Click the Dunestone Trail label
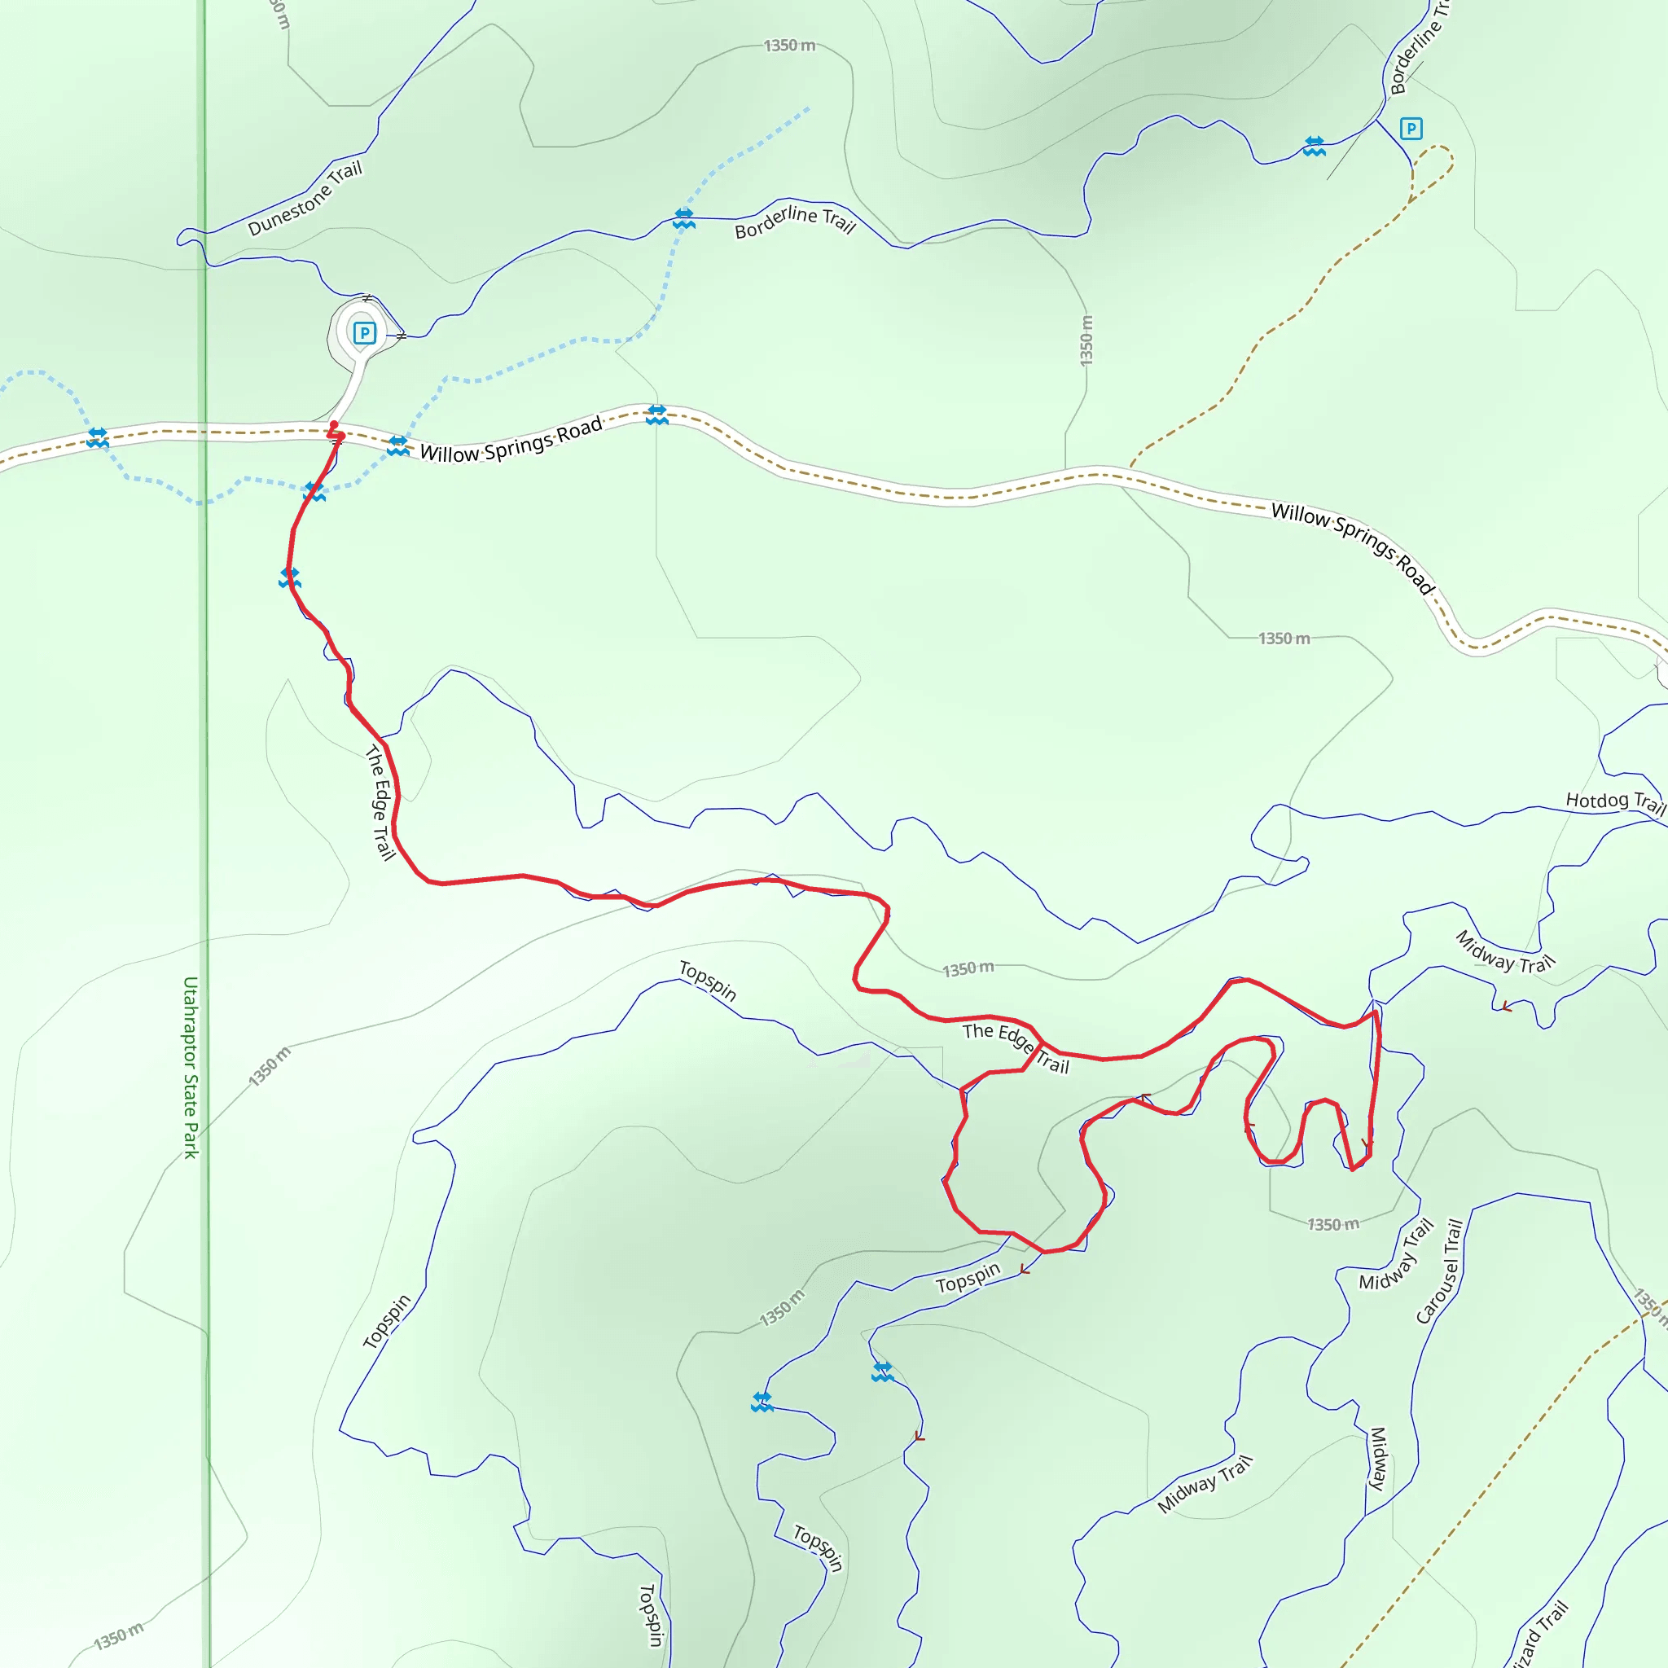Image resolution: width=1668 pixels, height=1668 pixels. [305, 198]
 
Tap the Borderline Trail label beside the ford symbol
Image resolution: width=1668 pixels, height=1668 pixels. [794, 221]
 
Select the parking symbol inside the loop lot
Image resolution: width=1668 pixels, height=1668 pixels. [364, 333]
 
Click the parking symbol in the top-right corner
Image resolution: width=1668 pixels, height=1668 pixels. [1411, 129]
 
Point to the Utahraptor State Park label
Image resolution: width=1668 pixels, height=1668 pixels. [191, 1067]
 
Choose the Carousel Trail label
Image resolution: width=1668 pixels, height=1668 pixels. [1440, 1271]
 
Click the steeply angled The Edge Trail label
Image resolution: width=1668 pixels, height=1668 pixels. [380, 802]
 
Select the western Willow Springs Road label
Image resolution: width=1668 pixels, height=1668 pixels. [511, 441]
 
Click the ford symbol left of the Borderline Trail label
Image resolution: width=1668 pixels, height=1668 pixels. [684, 217]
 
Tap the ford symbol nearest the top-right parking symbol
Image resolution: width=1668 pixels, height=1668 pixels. [1314, 146]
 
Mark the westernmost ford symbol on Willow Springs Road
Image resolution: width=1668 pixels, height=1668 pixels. [98, 437]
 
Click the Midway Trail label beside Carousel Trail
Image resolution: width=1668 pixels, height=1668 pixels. [1397, 1254]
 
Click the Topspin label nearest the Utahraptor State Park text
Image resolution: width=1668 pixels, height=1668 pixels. [386, 1322]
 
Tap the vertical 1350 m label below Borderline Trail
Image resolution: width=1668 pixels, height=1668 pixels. [1086, 340]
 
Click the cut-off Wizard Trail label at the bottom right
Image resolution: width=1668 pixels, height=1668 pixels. [1541, 1634]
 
